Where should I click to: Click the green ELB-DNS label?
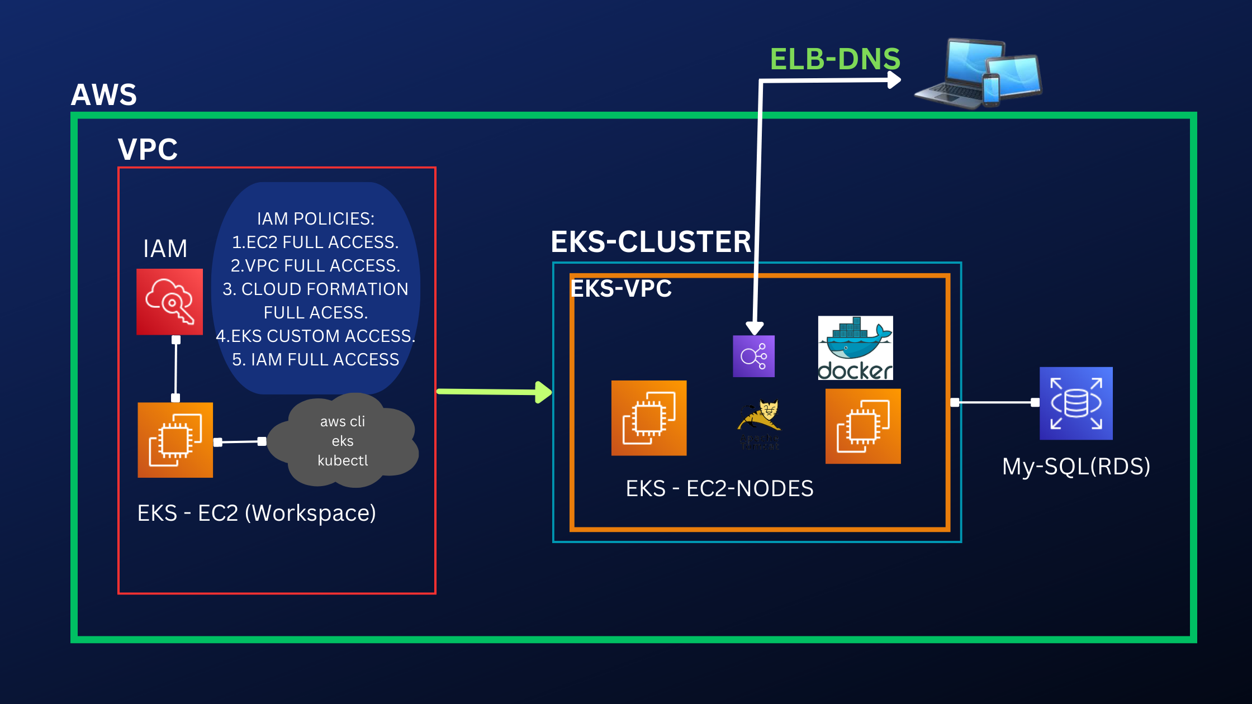(x=834, y=59)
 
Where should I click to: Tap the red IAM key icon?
(x=169, y=302)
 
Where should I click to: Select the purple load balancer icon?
(x=753, y=356)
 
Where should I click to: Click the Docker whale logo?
(x=855, y=348)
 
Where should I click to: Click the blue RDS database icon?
(x=1076, y=403)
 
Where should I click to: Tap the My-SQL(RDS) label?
(x=1076, y=466)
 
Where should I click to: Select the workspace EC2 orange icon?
(x=175, y=440)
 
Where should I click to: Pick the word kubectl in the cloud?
(x=343, y=460)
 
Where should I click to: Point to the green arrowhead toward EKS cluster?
(x=543, y=392)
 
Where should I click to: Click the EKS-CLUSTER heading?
(x=651, y=242)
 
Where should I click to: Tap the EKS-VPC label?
(x=620, y=289)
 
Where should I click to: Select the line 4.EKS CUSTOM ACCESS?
(x=315, y=336)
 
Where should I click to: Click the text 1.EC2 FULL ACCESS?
(x=315, y=242)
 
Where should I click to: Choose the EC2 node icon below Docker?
(x=862, y=426)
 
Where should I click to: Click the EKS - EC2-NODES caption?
(x=719, y=488)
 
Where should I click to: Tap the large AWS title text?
(x=104, y=95)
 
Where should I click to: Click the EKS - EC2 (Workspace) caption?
(x=257, y=513)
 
